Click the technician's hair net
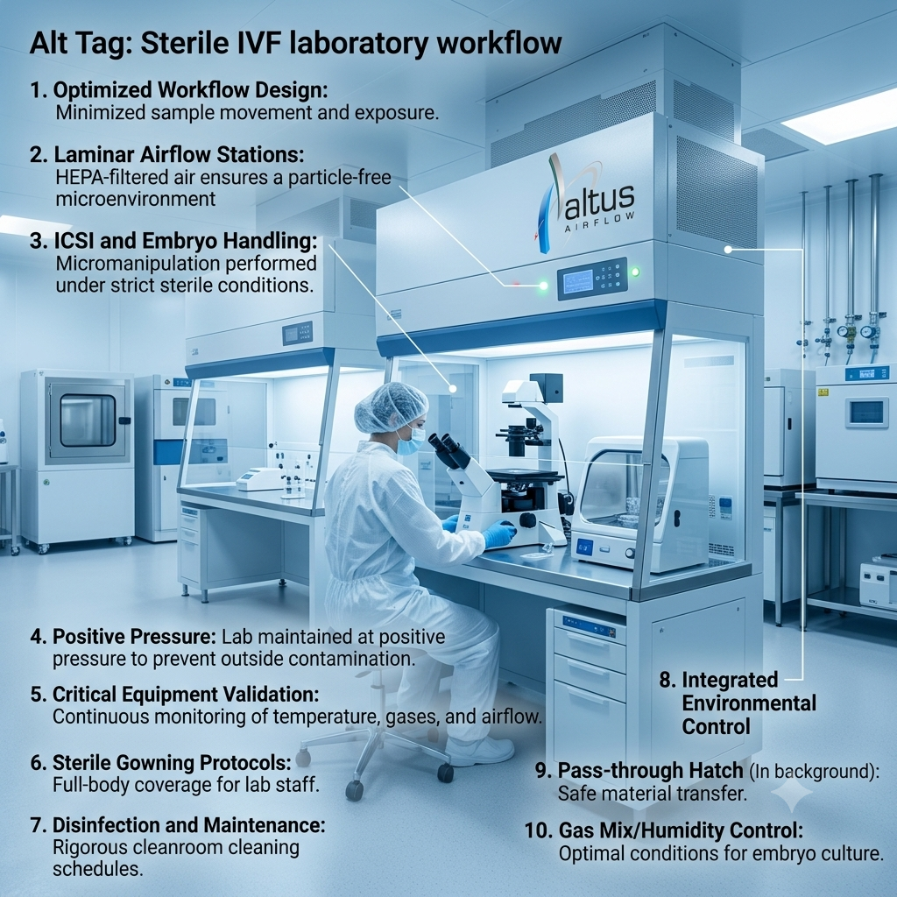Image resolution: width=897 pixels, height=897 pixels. coord(390,406)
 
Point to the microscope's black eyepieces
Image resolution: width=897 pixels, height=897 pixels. coord(448,449)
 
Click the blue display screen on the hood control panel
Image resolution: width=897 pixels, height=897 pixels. coord(578,281)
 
